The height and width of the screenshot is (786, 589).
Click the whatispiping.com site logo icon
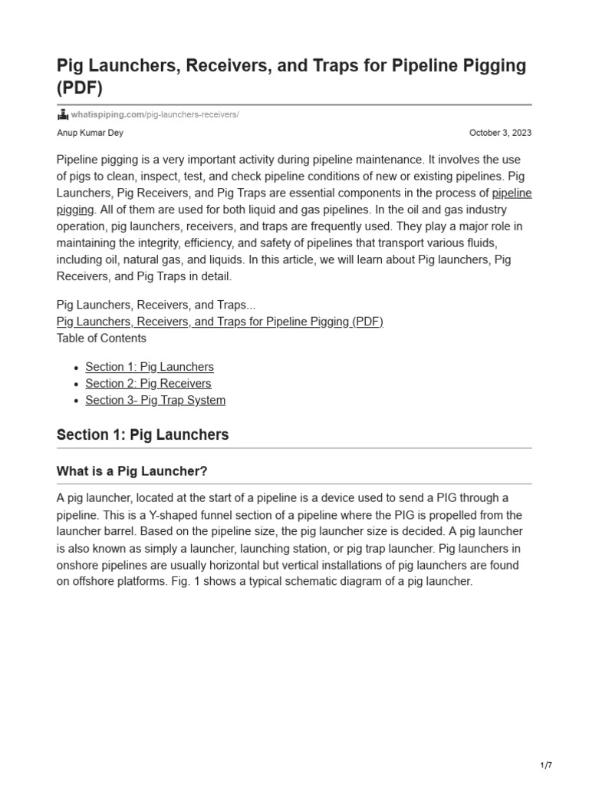coord(63,114)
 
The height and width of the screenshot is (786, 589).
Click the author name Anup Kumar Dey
coord(90,133)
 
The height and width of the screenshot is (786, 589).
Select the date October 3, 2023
coord(500,133)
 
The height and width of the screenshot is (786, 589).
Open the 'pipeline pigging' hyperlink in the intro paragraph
coord(512,193)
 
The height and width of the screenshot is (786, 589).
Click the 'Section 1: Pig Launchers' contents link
coord(150,367)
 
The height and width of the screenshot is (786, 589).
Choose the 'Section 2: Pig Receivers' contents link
coord(148,383)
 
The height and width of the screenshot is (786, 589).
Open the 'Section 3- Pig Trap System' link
coord(155,400)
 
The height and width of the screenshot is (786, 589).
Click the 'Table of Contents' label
coord(101,338)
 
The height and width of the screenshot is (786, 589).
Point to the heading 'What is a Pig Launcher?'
coord(132,471)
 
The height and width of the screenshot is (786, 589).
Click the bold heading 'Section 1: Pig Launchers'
coord(143,434)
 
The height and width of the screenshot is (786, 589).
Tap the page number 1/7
coord(546,765)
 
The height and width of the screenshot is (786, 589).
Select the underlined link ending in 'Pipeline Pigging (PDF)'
coord(220,322)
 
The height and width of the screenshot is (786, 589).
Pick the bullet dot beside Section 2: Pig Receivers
coord(76,384)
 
